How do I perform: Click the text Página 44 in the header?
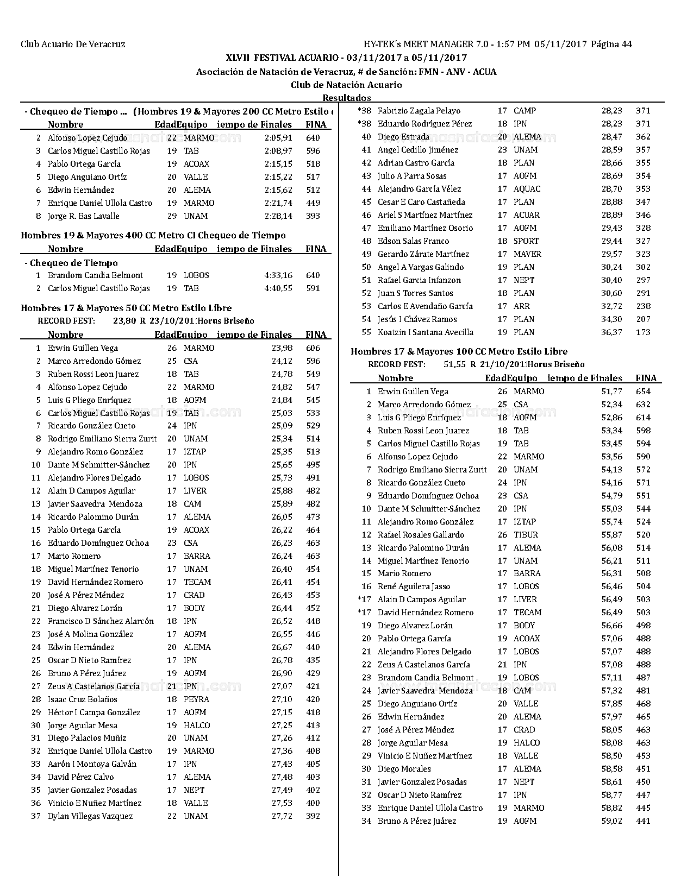(611, 45)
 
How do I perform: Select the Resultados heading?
(347, 98)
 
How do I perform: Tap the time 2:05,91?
(278, 138)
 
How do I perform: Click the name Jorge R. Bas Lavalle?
(84, 216)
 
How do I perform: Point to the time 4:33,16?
(278, 275)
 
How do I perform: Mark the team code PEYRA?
(196, 699)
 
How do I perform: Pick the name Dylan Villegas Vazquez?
(90, 816)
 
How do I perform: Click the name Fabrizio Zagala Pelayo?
(419, 111)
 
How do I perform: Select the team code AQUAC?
(527, 189)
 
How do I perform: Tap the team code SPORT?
(526, 241)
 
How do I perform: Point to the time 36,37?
(612, 332)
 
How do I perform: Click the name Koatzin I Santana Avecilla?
(426, 332)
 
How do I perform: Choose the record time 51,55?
(455, 364)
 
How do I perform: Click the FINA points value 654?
(643, 392)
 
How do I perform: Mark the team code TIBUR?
(526, 535)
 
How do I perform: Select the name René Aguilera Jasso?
(414, 586)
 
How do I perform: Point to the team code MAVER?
(527, 254)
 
